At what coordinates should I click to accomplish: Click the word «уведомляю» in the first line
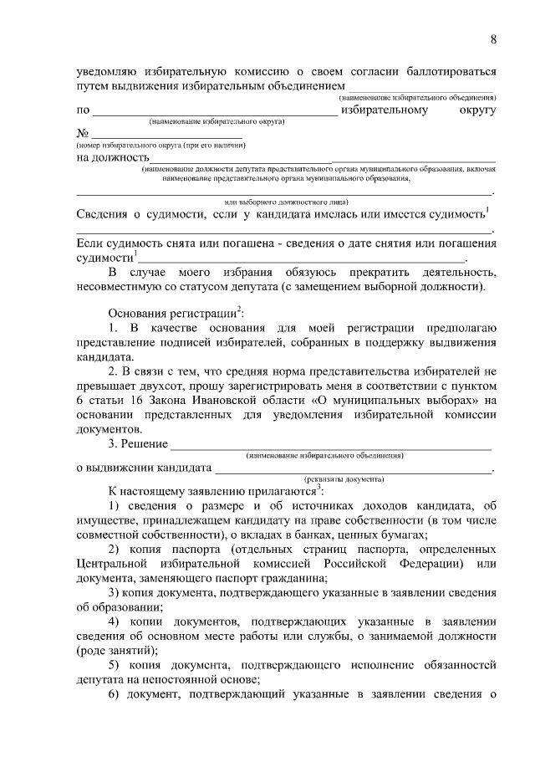tap(106, 71)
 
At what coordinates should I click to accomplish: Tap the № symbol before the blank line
tap(83, 134)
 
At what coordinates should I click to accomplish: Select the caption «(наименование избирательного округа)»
tap(217, 122)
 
